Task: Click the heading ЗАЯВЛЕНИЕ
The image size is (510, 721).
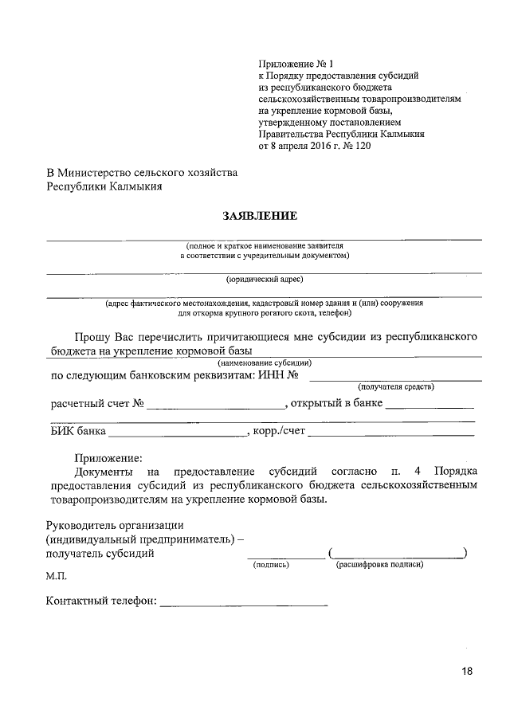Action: tap(262, 215)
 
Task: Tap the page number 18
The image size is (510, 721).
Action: tap(467, 672)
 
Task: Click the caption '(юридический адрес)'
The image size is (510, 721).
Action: tap(265, 279)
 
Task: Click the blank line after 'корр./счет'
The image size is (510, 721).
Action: tap(390, 435)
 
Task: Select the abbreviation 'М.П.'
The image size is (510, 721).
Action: tap(57, 576)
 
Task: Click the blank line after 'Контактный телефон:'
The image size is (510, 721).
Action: tap(244, 605)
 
